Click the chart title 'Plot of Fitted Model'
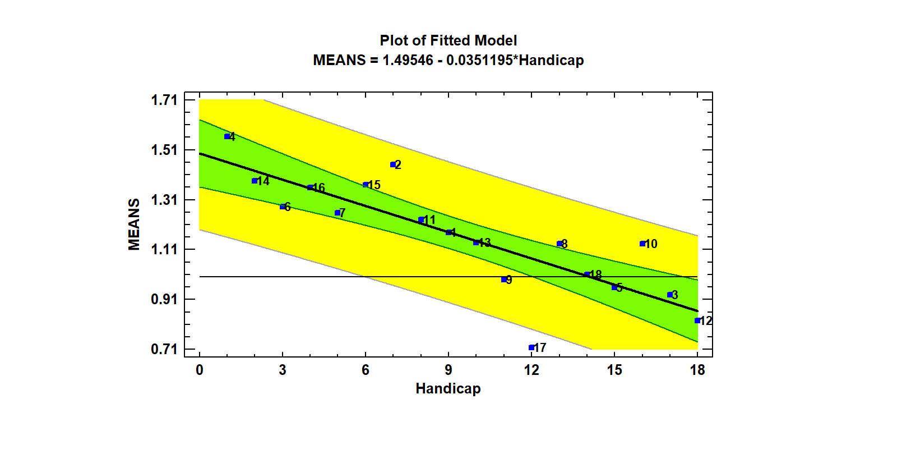[448, 40]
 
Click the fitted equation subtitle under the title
[448, 60]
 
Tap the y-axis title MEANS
[134, 224]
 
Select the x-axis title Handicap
[448, 388]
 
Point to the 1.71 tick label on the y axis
[164, 100]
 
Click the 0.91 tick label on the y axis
[164, 299]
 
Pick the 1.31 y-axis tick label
[164, 200]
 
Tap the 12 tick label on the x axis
[531, 370]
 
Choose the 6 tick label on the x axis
[366, 370]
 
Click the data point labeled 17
[531, 348]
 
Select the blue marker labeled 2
[393, 164]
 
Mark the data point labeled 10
[642, 244]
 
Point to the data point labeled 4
[227, 136]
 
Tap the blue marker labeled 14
[255, 181]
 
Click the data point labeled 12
[697, 320]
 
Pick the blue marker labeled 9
[504, 280]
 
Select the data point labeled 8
[560, 244]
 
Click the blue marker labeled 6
[283, 207]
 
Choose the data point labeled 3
[670, 295]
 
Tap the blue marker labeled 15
[366, 185]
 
